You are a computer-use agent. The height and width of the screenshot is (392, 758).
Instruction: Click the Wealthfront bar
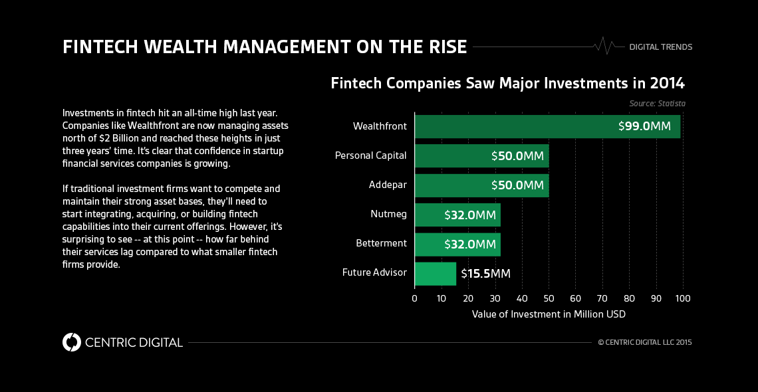pos(505,126)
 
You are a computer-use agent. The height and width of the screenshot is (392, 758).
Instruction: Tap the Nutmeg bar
pos(429,215)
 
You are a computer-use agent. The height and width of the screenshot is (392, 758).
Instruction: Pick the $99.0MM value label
pos(644,127)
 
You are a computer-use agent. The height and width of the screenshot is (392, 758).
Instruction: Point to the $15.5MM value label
pos(485,273)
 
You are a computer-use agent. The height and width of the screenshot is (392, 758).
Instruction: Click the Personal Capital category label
pos(370,155)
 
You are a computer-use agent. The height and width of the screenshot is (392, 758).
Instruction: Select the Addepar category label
pos(388,185)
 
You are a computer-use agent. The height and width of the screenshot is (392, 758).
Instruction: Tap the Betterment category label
pos(381,243)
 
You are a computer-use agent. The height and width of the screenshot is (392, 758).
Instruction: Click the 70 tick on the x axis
pos(602,298)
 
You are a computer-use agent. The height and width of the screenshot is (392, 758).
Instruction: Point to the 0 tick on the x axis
pos(414,298)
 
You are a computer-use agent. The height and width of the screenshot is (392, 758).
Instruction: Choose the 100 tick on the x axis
pos(683,298)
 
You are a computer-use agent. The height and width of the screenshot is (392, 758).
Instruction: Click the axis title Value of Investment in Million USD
pos(549,314)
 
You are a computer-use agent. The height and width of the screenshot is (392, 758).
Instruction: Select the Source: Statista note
pos(657,104)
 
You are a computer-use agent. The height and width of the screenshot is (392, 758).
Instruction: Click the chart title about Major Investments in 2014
pos(507,84)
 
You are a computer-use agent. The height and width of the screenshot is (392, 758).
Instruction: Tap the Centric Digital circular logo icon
pos(71,342)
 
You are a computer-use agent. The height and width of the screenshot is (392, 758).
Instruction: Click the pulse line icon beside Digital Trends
pos(605,46)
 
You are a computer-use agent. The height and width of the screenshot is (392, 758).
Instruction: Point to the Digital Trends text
pos(661,47)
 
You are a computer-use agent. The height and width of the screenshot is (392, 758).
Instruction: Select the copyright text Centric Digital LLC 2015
pos(645,343)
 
